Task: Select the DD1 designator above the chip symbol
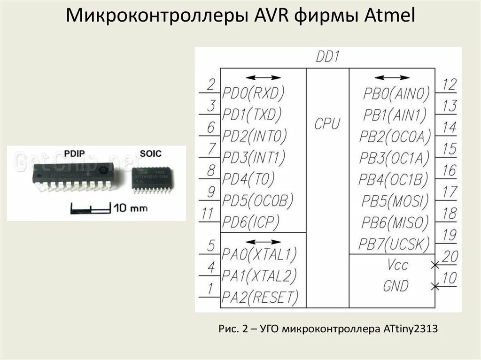click(327, 58)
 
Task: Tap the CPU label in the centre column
click(327, 123)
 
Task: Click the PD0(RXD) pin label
click(254, 94)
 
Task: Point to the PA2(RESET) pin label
click(260, 297)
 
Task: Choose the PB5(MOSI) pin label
click(395, 201)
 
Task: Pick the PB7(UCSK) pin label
click(394, 244)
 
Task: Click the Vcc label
click(397, 265)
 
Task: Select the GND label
click(396, 285)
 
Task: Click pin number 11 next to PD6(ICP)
click(208, 214)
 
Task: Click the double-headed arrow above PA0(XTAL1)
click(263, 242)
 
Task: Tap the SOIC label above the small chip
click(150, 153)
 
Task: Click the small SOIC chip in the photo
click(150, 178)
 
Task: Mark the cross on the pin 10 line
click(434, 285)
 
